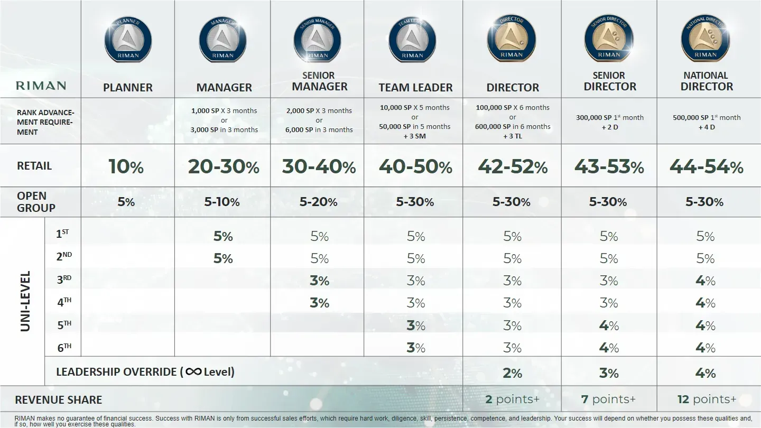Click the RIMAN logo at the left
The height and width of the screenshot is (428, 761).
point(41,86)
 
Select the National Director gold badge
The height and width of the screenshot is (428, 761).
point(706,38)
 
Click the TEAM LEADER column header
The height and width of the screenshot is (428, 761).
point(415,88)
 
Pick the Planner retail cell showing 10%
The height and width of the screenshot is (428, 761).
point(126,167)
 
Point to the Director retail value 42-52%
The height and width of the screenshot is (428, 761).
point(512,167)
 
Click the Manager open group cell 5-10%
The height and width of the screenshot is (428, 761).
point(222,202)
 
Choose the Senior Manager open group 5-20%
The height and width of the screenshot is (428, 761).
point(318,202)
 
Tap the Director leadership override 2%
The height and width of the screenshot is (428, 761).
point(512,373)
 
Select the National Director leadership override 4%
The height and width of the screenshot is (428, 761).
point(705,373)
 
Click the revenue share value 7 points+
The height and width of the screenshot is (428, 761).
point(608,399)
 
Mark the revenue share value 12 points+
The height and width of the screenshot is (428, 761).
point(707,399)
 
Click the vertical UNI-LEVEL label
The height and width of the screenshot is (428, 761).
point(25,301)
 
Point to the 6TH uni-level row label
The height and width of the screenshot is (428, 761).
point(64,347)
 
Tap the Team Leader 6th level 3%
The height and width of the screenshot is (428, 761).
point(415,348)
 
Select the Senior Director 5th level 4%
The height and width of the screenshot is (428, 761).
point(609,325)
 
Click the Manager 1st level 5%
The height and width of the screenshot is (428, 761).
point(223,236)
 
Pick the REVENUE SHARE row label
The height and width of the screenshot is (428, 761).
point(59,400)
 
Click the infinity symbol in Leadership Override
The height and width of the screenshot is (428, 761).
point(193,371)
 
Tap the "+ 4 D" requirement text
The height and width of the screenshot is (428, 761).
point(706,127)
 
